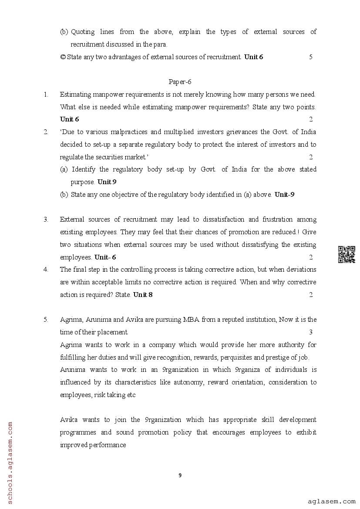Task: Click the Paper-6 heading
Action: point(180,82)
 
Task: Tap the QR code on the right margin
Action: point(347,255)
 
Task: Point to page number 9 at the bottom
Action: point(180,475)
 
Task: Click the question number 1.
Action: point(46,94)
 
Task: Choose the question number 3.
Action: point(46,219)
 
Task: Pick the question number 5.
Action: point(46,320)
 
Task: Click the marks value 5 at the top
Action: point(311,57)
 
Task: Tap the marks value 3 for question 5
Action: point(311,332)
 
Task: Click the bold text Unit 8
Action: point(143,295)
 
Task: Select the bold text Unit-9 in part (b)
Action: point(284,195)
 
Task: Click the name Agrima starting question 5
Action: point(71,320)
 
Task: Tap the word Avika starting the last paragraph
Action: point(69,420)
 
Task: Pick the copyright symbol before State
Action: point(63,57)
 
